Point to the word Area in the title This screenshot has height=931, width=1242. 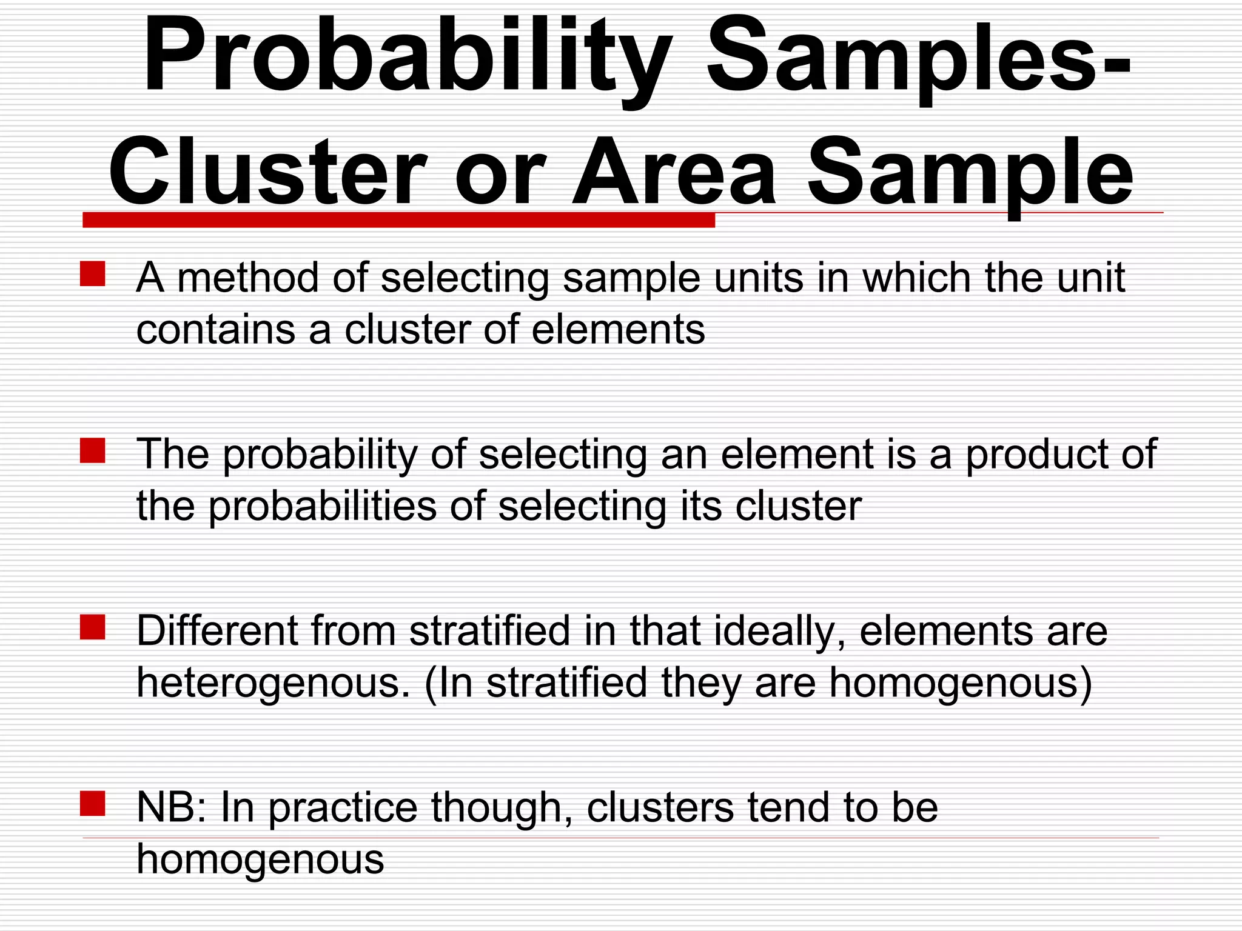pyautogui.click(x=673, y=173)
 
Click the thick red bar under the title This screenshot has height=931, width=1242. pyautogui.click(x=398, y=220)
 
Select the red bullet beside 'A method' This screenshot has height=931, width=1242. pyautogui.click(x=93, y=273)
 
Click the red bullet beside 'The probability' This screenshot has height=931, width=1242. pyautogui.click(x=93, y=450)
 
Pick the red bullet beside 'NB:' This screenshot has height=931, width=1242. pyautogui.click(x=93, y=804)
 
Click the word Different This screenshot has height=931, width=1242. pyautogui.click(x=218, y=631)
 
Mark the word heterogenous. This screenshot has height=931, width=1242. pyautogui.click(x=274, y=684)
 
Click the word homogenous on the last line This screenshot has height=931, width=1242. pyautogui.click(x=260, y=859)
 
